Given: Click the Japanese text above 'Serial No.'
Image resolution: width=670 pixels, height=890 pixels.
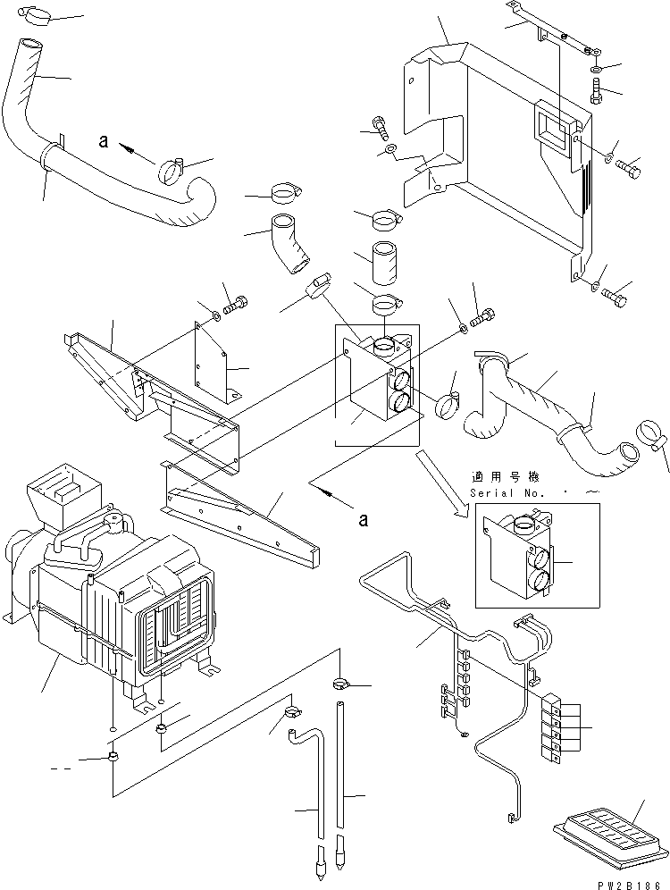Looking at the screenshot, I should point(509,478).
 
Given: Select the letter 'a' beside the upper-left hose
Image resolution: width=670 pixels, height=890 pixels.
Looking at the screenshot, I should point(104,140).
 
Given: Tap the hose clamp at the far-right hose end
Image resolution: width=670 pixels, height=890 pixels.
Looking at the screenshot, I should point(650,434).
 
